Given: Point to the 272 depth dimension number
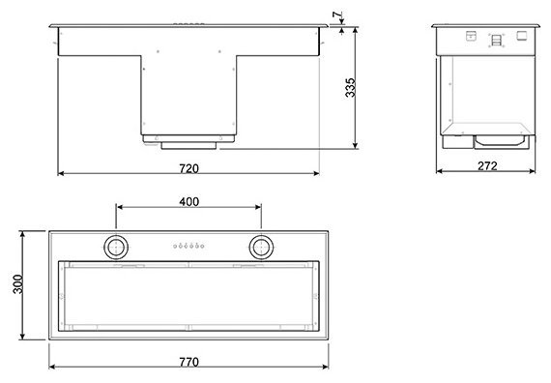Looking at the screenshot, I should pyautogui.click(x=487, y=166).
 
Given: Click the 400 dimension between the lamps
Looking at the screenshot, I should pyautogui.click(x=189, y=201).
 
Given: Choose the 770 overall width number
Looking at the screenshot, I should pyautogui.click(x=188, y=362).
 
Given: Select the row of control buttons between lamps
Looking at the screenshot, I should pyautogui.click(x=189, y=246).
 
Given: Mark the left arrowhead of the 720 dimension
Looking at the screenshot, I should pyautogui.click(x=62, y=174).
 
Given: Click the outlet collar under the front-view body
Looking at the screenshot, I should pyautogui.click(x=189, y=141).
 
